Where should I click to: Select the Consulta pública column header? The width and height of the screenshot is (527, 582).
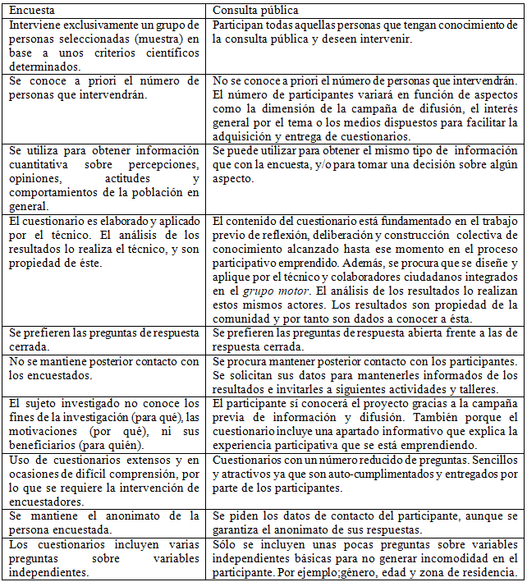(255, 10)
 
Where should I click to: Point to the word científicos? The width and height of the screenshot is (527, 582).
(168, 53)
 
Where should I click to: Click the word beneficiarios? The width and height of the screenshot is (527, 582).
(40, 444)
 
